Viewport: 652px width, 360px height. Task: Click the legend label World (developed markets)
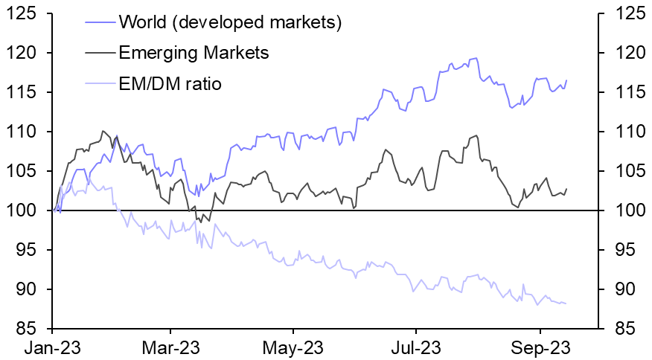[229, 22]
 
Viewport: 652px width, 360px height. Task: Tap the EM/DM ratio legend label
[170, 83]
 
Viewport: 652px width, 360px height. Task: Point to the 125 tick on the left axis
[26, 14]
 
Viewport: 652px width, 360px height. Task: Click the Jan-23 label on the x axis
[53, 347]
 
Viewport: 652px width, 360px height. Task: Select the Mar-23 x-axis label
[170, 347]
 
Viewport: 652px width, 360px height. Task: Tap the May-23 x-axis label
[293, 347]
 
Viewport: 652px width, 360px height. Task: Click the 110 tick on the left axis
[26, 132]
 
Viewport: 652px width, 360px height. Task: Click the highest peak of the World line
[475, 58]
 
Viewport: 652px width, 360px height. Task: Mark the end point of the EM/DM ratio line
[566, 303]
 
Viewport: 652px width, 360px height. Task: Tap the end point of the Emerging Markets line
[566, 189]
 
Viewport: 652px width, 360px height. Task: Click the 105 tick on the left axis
[26, 172]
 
